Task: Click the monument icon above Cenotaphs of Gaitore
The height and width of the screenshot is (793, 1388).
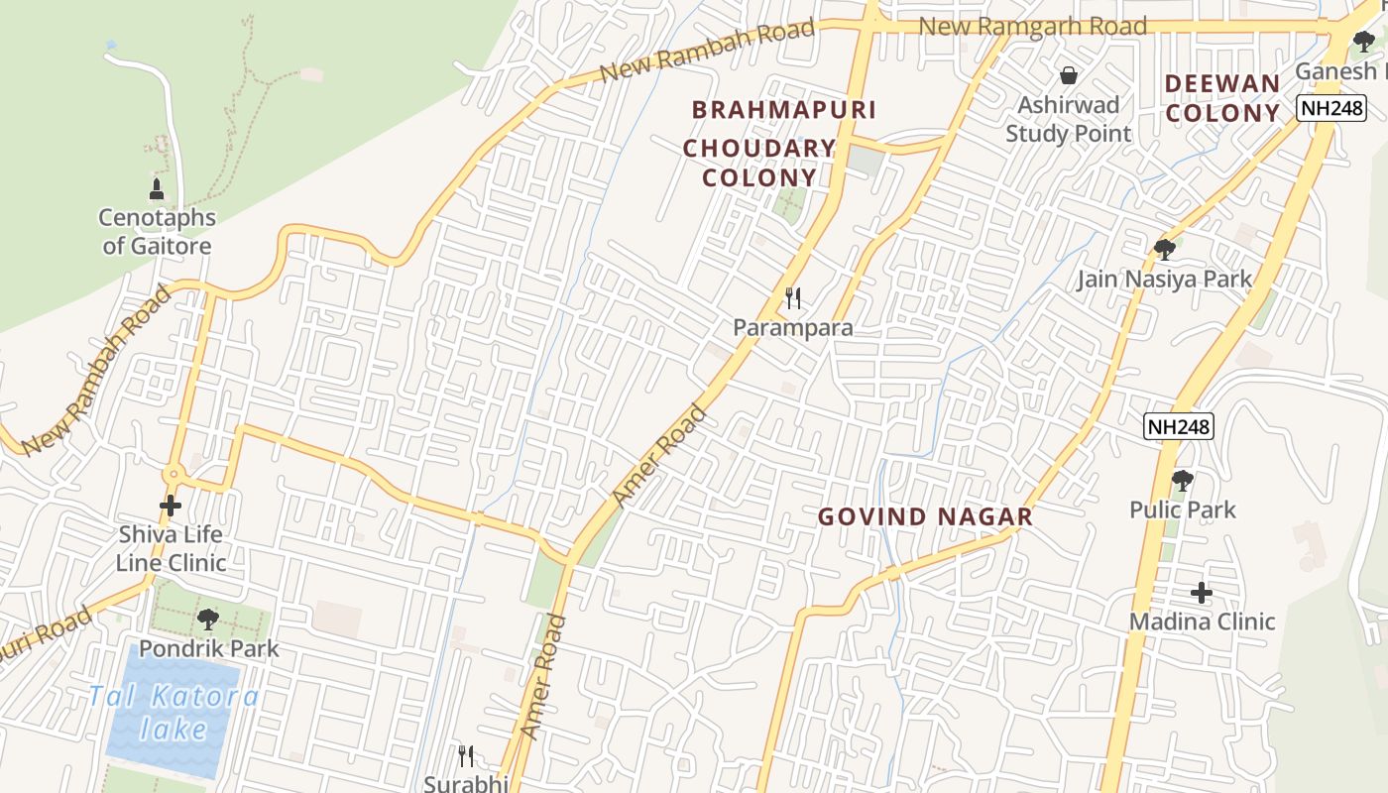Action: (156, 188)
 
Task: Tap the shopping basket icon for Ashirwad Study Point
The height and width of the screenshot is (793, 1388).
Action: (1069, 74)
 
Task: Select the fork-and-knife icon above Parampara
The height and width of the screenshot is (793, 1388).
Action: (792, 297)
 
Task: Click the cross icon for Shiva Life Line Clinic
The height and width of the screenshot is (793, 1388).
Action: (171, 506)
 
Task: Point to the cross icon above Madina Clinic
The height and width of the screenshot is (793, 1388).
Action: (1202, 593)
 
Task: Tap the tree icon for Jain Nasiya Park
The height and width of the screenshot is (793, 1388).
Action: (1165, 249)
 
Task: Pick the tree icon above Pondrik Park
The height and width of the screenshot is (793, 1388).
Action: (208, 620)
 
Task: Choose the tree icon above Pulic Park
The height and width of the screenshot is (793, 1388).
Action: (1182, 481)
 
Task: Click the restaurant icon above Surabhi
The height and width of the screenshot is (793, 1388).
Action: (466, 756)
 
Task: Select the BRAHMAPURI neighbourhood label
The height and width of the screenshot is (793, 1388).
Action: (784, 109)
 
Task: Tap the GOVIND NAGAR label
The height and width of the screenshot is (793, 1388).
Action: (925, 516)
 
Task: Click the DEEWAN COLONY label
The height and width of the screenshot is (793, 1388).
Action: (1222, 98)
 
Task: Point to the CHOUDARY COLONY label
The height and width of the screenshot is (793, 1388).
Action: (759, 163)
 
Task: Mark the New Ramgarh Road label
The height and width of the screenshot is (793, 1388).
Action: (1033, 26)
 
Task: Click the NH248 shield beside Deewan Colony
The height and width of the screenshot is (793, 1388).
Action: (1331, 108)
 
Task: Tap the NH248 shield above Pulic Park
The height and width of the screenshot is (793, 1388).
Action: (1178, 426)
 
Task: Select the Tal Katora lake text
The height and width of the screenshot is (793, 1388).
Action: (173, 713)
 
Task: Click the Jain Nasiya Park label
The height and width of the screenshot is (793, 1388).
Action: (1165, 280)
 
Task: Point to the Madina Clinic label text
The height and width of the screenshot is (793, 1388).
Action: (1202, 622)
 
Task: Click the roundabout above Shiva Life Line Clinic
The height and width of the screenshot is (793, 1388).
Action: (174, 475)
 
